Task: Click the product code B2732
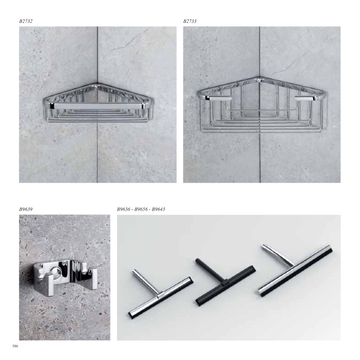(x=26, y=21)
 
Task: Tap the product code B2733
(x=190, y=21)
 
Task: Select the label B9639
(x=26, y=209)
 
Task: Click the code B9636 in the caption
(x=123, y=209)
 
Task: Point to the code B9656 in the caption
(x=141, y=209)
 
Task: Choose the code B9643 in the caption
(x=159, y=209)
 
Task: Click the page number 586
(x=15, y=346)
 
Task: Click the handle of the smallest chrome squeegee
(x=146, y=282)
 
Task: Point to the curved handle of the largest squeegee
(x=279, y=255)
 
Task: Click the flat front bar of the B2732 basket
(x=98, y=106)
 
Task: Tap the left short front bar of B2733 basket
(x=219, y=98)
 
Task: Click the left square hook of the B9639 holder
(x=50, y=285)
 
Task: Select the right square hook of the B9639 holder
(x=94, y=281)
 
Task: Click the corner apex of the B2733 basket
(x=260, y=78)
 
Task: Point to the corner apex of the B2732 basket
(x=98, y=84)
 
